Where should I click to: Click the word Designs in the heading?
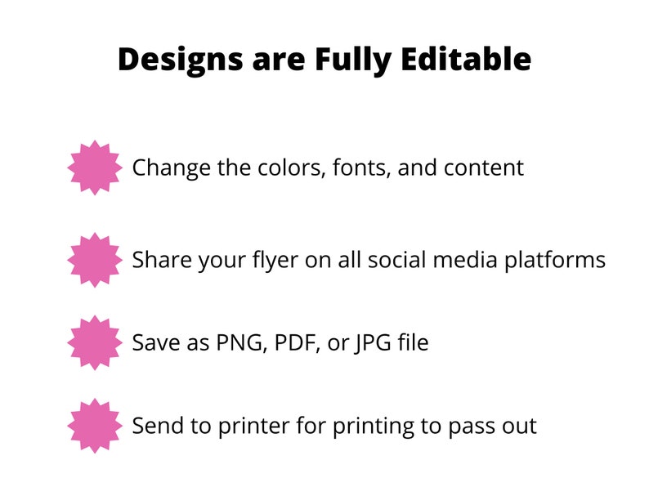coord(181,60)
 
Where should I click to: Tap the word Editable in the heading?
coord(466,59)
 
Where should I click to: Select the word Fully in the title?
coord(353,60)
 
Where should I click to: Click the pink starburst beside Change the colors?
coord(95,168)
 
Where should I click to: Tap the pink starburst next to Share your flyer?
coord(95,260)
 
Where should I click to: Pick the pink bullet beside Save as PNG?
coord(95,342)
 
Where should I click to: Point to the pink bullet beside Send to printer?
coord(95,426)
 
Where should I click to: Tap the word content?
coord(484,168)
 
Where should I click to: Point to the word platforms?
coord(555,261)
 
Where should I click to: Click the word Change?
coord(171,169)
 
